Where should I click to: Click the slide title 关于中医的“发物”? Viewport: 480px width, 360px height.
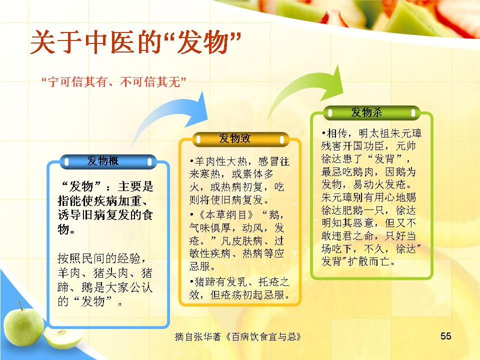[135, 41]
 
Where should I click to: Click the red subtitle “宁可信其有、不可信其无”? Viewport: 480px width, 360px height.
[113, 81]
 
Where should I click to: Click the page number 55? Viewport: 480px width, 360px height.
[445, 336]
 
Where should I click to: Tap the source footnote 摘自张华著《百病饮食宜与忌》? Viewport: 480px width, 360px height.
[238, 336]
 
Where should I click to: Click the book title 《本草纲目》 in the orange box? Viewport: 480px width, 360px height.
[226, 215]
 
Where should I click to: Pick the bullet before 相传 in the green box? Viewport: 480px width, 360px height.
[323, 134]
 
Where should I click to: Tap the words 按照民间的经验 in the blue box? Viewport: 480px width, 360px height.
[99, 258]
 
